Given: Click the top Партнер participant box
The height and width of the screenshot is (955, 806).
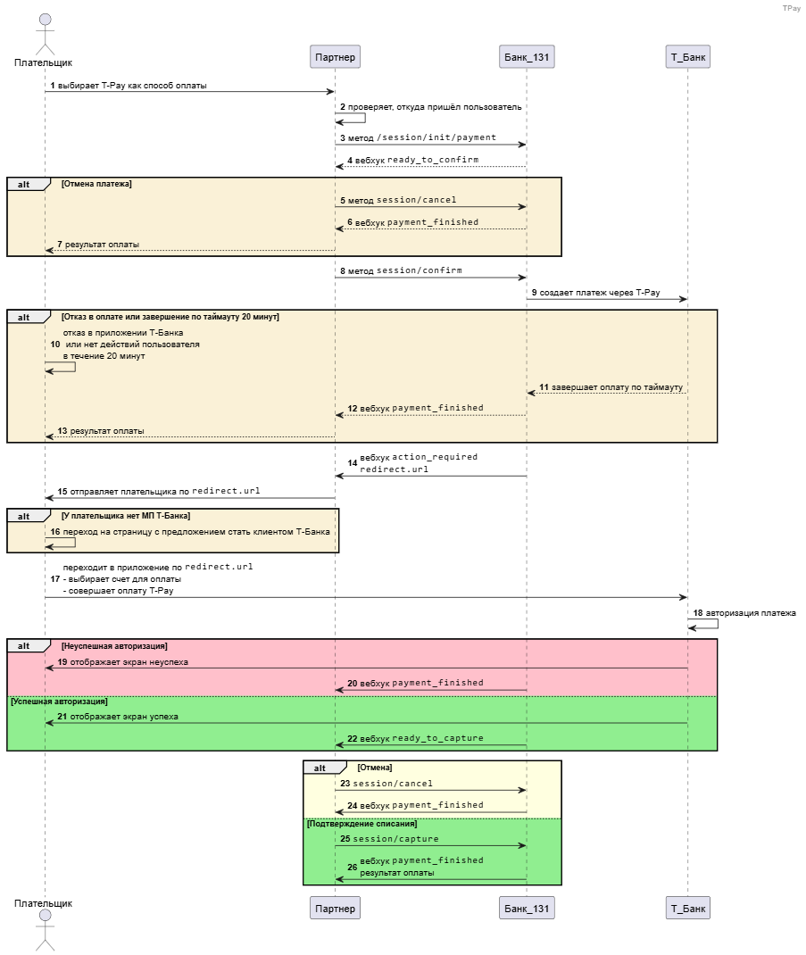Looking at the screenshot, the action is click(x=335, y=56).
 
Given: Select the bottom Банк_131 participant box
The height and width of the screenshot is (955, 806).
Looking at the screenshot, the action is click(x=527, y=908).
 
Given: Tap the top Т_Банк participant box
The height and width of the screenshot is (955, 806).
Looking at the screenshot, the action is click(x=688, y=56).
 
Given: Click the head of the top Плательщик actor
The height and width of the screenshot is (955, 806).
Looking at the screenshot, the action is click(x=46, y=21).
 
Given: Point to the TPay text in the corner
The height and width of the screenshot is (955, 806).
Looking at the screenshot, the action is click(x=792, y=8).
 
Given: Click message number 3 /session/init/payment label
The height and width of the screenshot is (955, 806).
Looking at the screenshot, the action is click(x=418, y=137).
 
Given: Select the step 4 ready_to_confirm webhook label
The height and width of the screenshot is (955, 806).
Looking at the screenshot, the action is click(x=413, y=160).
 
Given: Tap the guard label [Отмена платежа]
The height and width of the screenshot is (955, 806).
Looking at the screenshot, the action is click(x=96, y=184).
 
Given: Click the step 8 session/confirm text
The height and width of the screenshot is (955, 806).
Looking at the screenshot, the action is click(x=401, y=270).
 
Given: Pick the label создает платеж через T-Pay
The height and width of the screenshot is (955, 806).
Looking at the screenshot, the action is click(x=600, y=293).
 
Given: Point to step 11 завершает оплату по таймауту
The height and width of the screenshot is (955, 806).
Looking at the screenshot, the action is click(x=611, y=386).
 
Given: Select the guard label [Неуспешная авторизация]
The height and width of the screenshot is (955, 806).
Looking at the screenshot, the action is click(x=114, y=646).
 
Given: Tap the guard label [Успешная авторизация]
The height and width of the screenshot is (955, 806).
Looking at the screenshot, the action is click(x=59, y=702).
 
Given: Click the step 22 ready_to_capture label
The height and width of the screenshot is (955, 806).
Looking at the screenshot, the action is click(x=415, y=738).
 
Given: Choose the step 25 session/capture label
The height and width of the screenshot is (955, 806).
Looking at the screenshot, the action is click(x=389, y=839).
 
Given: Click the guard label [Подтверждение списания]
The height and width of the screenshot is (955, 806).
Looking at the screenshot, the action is click(x=361, y=824).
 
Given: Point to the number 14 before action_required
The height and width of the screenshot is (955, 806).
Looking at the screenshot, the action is click(x=353, y=463).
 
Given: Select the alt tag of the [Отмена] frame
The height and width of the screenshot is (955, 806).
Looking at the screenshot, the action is click(x=320, y=768).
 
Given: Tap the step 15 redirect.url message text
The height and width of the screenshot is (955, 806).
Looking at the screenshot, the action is click(x=158, y=491).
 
